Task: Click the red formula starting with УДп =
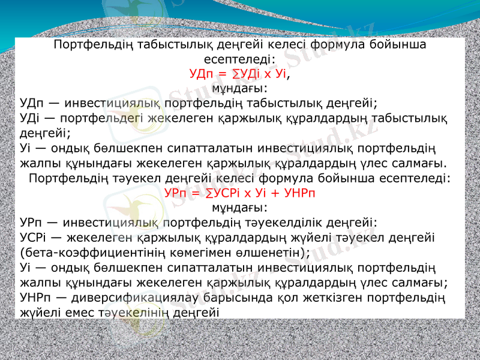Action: coord(239,74)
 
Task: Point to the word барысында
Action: coord(230,297)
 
